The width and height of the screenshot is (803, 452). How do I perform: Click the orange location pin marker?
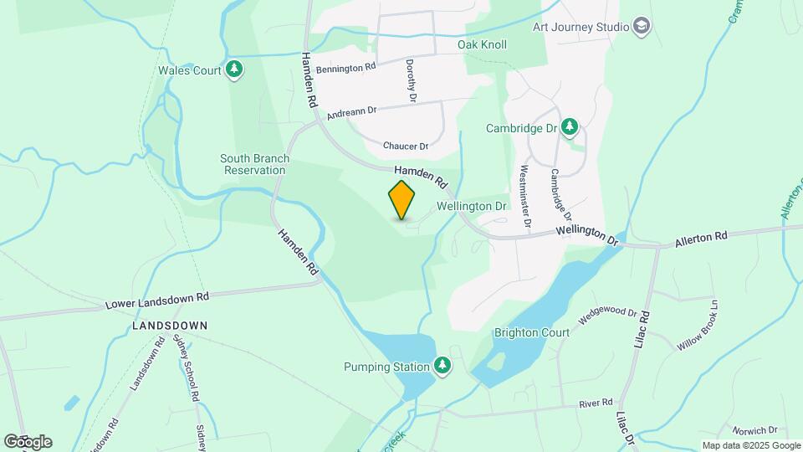402,200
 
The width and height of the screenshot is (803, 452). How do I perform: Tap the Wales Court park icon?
235,70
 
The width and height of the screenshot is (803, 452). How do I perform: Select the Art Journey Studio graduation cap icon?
642,27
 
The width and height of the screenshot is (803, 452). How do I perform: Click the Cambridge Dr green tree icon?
570,127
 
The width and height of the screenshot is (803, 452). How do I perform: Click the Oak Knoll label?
482,44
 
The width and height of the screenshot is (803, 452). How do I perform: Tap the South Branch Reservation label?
255,164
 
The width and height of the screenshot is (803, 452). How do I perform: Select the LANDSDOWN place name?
170,325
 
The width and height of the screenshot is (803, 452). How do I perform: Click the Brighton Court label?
531,332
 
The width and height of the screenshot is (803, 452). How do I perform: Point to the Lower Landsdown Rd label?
157,299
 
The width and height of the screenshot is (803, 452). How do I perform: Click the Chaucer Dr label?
406,146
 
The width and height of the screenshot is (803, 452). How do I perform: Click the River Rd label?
596,403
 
